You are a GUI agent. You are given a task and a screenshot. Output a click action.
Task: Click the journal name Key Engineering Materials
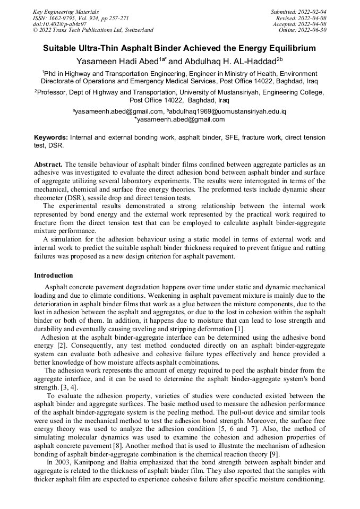click(66, 12)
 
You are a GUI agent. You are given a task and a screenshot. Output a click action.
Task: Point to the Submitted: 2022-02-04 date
click(299, 12)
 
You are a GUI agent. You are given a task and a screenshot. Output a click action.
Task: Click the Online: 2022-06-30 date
click(303, 30)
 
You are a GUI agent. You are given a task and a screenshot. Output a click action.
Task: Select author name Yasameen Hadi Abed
click(117, 62)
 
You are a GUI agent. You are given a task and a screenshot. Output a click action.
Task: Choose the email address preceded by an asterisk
click(181, 119)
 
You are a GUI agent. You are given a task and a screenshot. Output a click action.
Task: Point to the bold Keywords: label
click(51, 137)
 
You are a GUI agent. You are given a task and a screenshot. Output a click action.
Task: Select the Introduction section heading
click(54, 275)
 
